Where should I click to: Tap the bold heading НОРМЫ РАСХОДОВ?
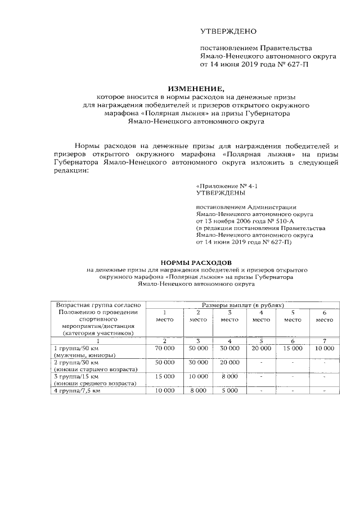(196, 263)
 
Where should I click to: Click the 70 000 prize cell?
(164, 349)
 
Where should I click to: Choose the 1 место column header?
(164, 316)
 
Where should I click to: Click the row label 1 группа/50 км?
(75, 349)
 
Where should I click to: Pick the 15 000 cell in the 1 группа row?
(292, 349)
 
